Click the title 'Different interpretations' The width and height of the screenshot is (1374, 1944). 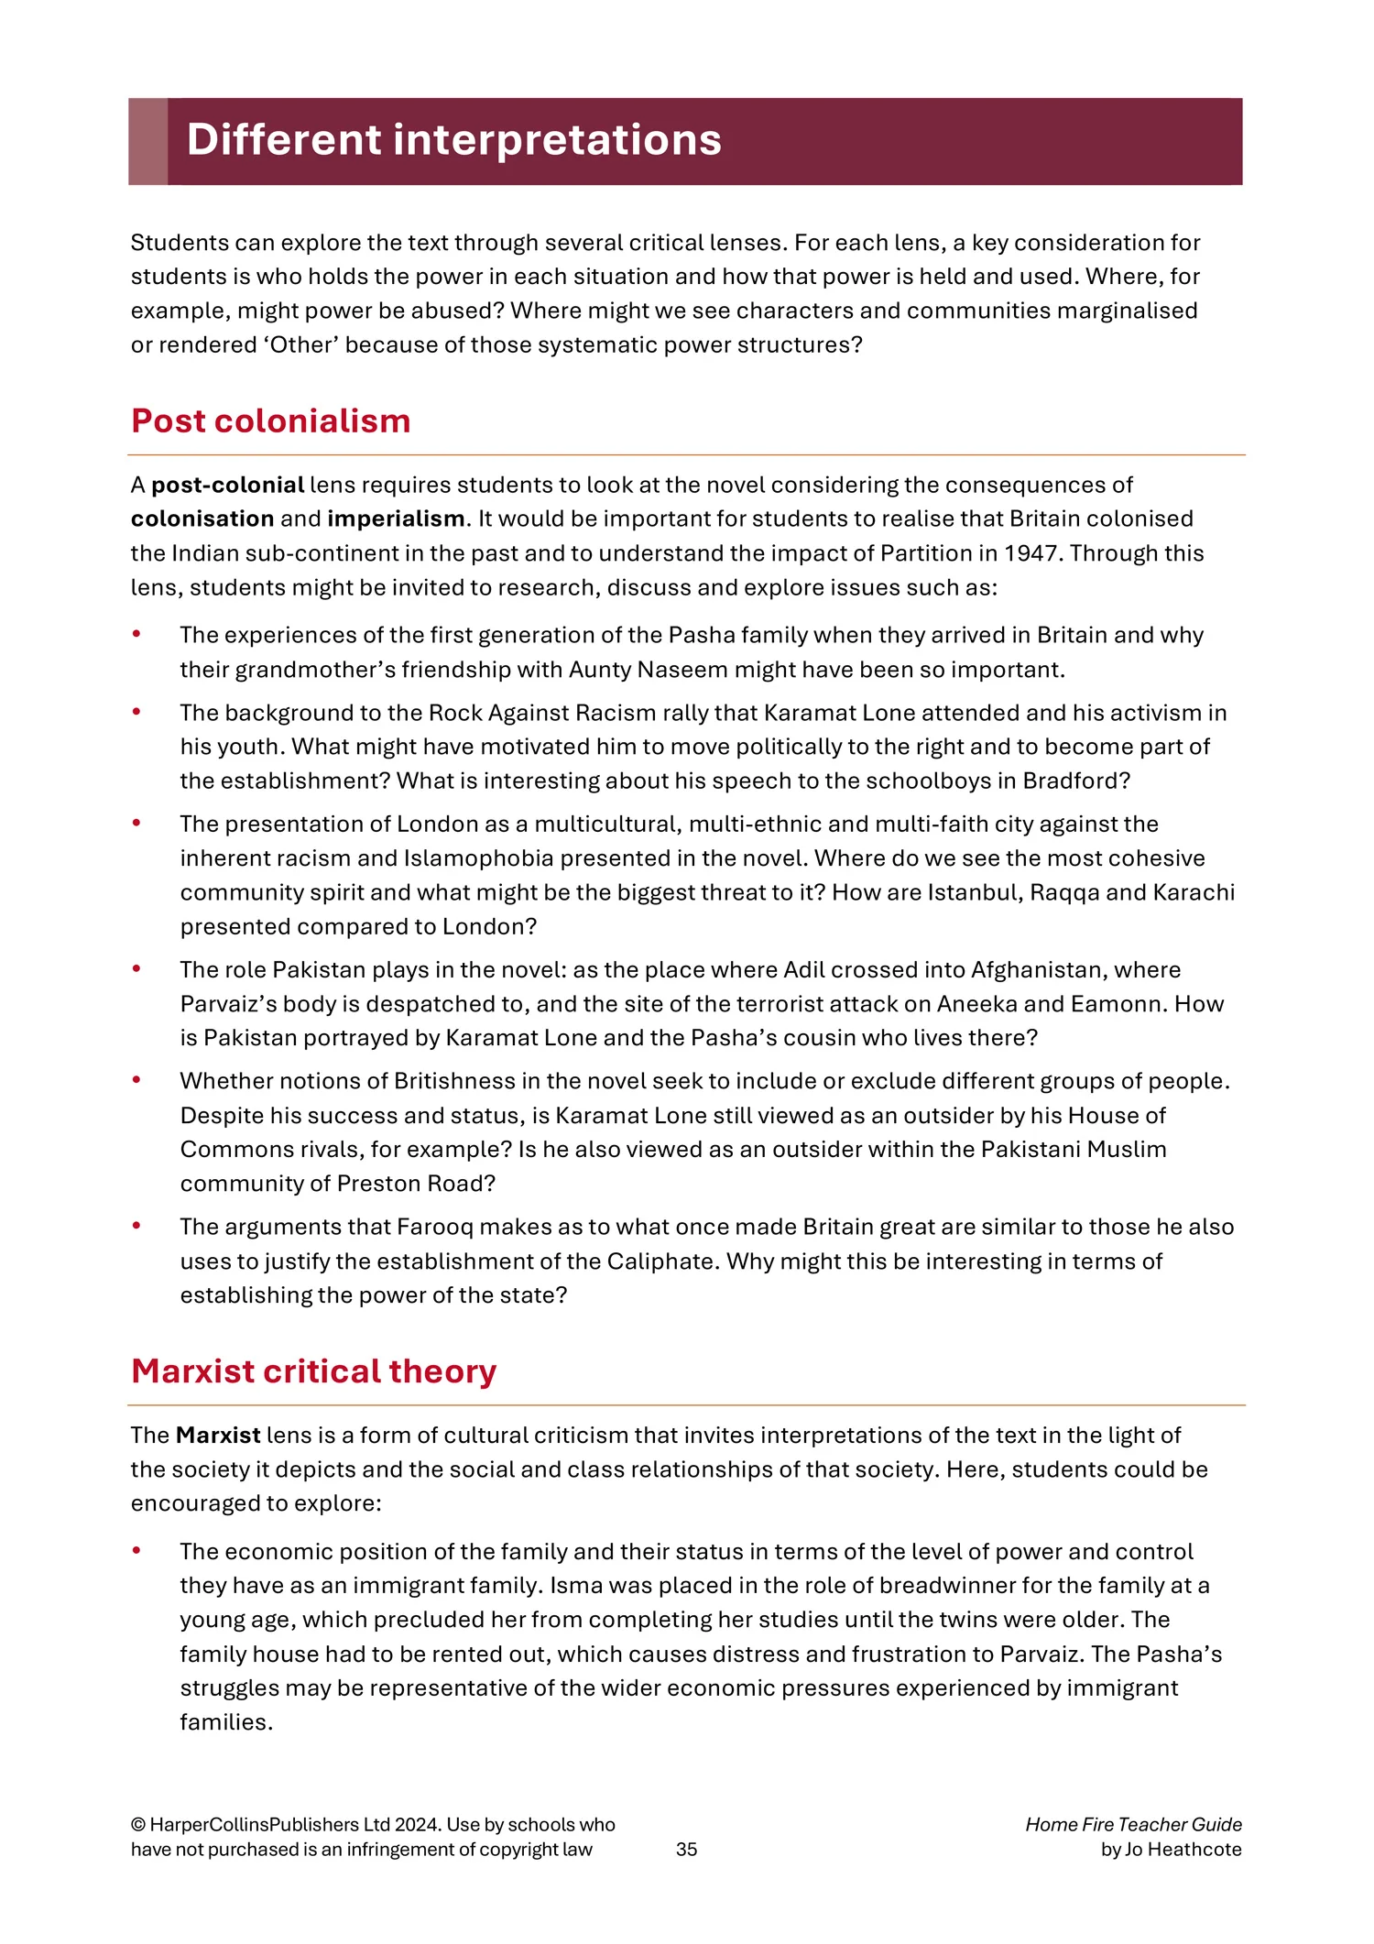click(x=453, y=140)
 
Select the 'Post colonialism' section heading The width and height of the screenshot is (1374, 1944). click(x=270, y=420)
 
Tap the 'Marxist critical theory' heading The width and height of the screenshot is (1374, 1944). click(x=313, y=1371)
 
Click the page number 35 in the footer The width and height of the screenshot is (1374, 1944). click(x=686, y=1849)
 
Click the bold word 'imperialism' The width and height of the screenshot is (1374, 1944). click(x=396, y=519)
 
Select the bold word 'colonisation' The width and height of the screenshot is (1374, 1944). click(x=202, y=519)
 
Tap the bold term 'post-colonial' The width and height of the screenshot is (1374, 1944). click(x=227, y=485)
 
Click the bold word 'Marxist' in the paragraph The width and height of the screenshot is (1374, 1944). click(x=218, y=1435)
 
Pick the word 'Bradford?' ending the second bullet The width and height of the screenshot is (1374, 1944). click(x=1076, y=781)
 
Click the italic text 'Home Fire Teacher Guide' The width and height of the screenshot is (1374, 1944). click(x=1133, y=1824)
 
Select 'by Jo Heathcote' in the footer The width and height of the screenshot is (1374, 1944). click(x=1171, y=1849)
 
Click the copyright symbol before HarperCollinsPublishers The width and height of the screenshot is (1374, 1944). click(x=137, y=1825)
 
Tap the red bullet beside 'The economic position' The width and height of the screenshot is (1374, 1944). click(x=136, y=1550)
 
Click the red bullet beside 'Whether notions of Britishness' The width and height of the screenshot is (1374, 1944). click(x=136, y=1080)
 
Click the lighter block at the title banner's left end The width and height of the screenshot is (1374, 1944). click(x=147, y=141)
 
